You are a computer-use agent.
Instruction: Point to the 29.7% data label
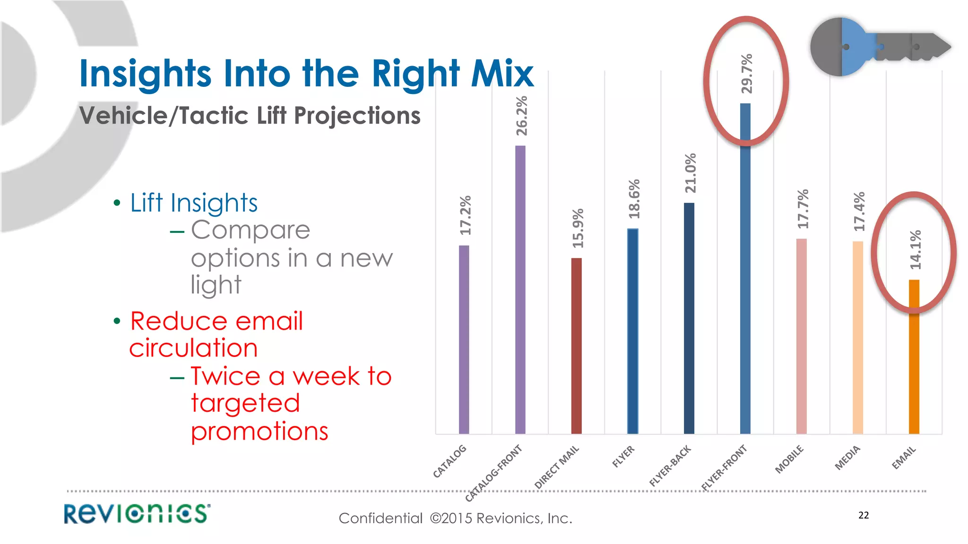[747, 74]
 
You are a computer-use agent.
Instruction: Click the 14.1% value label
[916, 250]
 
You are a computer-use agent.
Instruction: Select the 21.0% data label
[691, 173]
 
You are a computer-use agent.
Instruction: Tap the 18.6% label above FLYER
[634, 199]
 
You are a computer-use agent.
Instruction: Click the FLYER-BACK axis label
[670, 466]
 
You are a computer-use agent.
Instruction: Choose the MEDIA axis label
[847, 458]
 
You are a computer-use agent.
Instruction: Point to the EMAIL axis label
[904, 458]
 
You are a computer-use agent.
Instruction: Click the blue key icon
[879, 47]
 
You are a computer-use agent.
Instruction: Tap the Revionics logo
[137, 514]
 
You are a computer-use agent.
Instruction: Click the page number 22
[864, 515]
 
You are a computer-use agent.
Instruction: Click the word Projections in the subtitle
[357, 116]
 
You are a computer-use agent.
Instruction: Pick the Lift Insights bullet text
[194, 203]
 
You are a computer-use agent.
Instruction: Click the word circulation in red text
[194, 348]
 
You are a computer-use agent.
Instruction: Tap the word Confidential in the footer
[380, 518]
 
